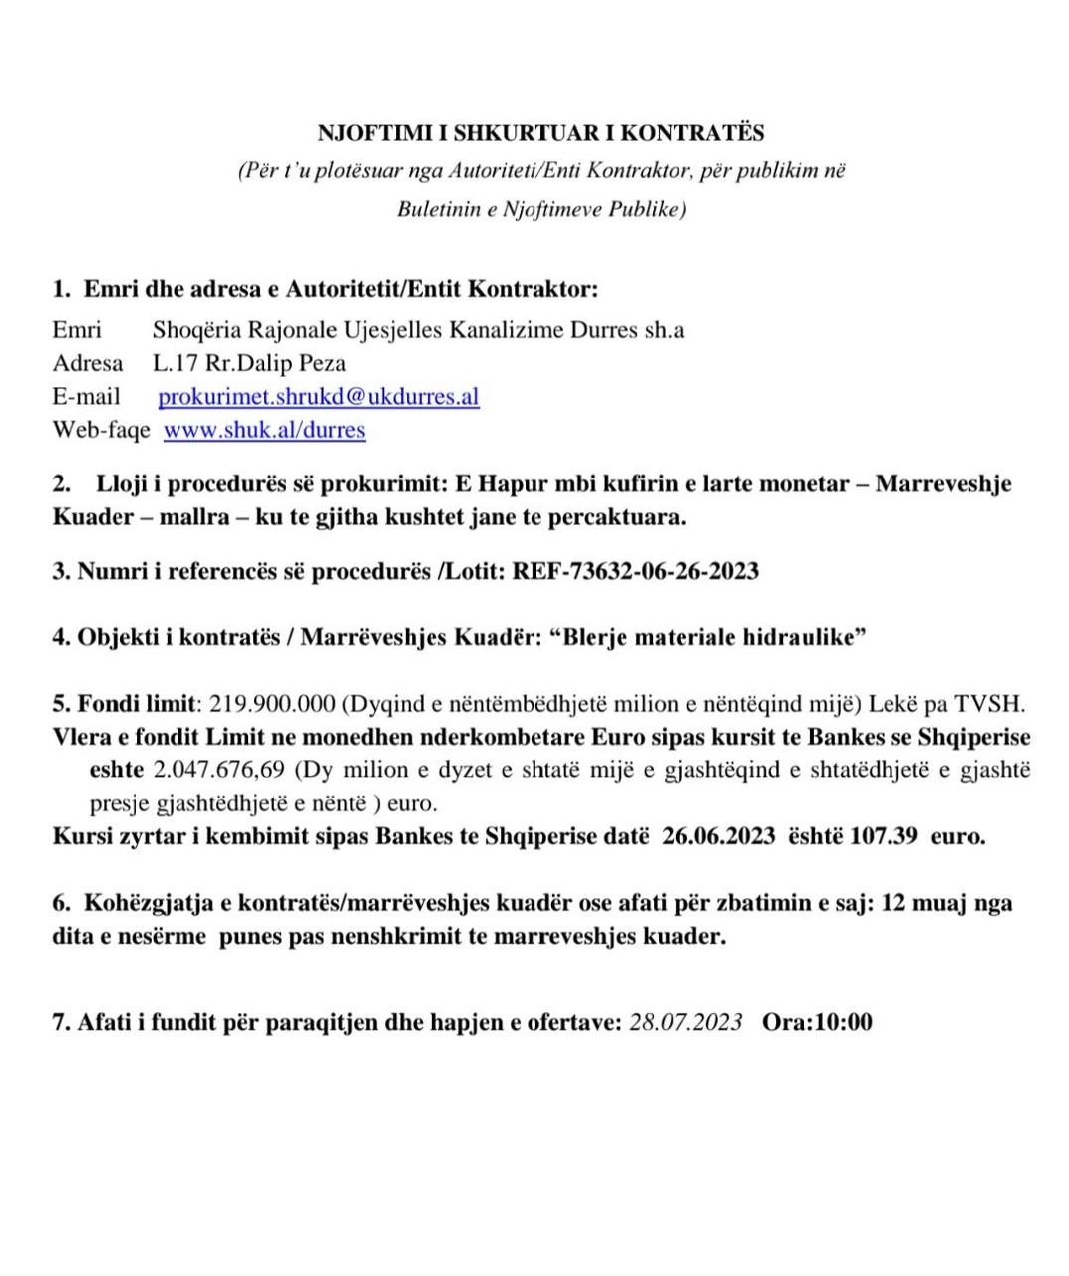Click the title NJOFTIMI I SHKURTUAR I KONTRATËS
tap(540, 133)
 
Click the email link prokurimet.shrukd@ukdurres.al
tap(318, 397)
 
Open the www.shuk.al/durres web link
tap(264, 430)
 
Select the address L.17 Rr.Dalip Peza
tap(249, 363)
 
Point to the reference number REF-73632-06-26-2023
tap(635, 571)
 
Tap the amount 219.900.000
tap(272, 704)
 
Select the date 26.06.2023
tap(719, 836)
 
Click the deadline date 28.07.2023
tap(686, 1022)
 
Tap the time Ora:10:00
tap(817, 1022)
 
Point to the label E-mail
tap(86, 397)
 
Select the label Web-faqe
tap(101, 430)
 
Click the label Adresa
tap(88, 363)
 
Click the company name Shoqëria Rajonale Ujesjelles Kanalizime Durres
tap(394, 330)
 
